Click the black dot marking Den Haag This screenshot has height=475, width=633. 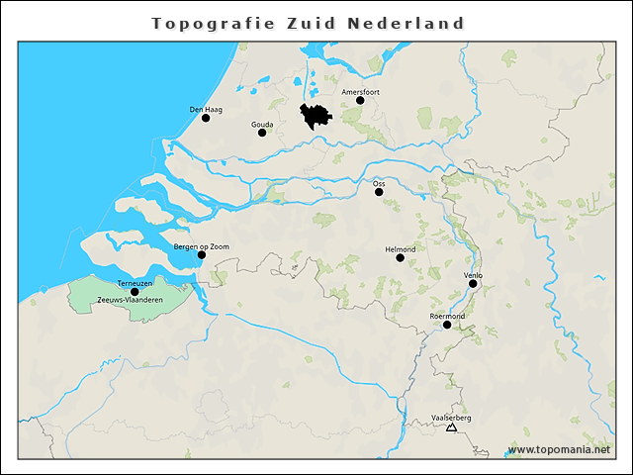(x=206, y=118)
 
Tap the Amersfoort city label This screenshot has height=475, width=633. (x=360, y=91)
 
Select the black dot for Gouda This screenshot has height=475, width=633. (x=262, y=133)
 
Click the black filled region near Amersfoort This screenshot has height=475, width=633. (x=316, y=117)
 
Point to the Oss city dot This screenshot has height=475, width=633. (x=379, y=192)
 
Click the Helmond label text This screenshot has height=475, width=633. (x=400, y=249)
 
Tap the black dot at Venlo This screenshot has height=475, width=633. (x=473, y=284)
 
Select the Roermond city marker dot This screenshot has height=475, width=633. (x=447, y=325)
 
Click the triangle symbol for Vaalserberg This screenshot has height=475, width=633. (x=451, y=427)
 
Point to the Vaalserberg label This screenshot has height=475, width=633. (x=452, y=419)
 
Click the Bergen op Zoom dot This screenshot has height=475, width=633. (x=201, y=254)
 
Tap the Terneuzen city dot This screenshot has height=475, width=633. (x=135, y=292)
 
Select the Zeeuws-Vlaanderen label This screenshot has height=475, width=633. (x=131, y=300)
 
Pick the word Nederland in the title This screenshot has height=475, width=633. (x=406, y=23)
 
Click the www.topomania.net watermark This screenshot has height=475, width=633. (x=559, y=449)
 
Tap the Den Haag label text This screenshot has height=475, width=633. (x=205, y=109)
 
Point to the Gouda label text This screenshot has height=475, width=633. (x=262, y=125)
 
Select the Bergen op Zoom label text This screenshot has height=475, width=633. (x=201, y=245)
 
